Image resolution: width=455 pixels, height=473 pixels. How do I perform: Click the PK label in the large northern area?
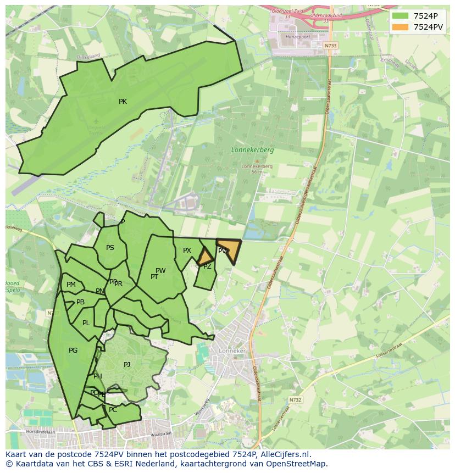[123, 102]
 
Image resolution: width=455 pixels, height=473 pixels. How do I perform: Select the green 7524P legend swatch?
[401, 15]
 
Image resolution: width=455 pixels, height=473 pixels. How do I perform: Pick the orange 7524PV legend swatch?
[401, 26]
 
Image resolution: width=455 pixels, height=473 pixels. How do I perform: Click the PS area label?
[110, 248]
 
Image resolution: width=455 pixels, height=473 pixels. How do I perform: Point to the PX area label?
[187, 251]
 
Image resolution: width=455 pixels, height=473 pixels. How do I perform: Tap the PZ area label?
[207, 266]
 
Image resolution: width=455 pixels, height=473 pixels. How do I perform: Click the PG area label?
[73, 350]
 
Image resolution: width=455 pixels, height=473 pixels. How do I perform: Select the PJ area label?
[127, 364]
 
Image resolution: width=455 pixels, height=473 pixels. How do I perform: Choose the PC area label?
[113, 410]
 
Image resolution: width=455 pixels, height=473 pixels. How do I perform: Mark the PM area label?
[71, 285]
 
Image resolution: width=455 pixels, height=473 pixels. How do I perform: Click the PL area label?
[86, 323]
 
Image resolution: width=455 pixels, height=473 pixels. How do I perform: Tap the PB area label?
[80, 302]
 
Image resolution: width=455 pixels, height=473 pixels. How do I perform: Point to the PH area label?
[98, 376]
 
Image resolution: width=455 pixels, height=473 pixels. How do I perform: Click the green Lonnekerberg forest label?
[253, 149]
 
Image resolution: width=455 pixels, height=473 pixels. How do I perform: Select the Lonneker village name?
[231, 350]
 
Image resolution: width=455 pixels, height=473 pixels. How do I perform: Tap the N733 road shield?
[330, 46]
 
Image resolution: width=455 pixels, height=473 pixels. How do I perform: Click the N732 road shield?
[295, 400]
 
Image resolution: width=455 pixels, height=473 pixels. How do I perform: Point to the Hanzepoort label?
[295, 36]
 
